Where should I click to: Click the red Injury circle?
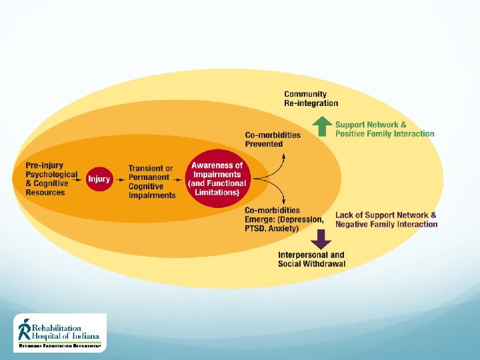(x=99, y=179)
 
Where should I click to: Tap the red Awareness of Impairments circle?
(x=217, y=179)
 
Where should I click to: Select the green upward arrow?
(x=322, y=126)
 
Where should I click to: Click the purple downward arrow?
(x=322, y=238)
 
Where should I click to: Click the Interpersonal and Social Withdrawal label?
(x=311, y=259)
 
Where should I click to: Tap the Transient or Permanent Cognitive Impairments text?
(x=152, y=182)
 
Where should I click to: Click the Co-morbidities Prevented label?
(x=273, y=139)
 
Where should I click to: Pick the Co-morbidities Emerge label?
(x=284, y=219)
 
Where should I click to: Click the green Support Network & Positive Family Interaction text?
(x=384, y=129)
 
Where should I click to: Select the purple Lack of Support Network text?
(x=386, y=219)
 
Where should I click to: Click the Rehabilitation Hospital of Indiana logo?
(x=60, y=332)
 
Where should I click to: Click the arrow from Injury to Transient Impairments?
(x=119, y=179)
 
